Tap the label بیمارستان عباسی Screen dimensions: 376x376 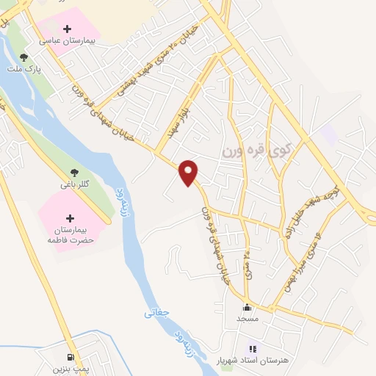point(70,43)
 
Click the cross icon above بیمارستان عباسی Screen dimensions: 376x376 point(68,29)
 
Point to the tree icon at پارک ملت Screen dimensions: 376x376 point(24,57)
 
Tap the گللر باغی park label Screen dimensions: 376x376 point(73,184)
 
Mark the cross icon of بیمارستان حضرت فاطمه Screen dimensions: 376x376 point(70,218)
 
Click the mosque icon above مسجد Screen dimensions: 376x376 point(247,308)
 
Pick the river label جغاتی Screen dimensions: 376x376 point(157,311)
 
